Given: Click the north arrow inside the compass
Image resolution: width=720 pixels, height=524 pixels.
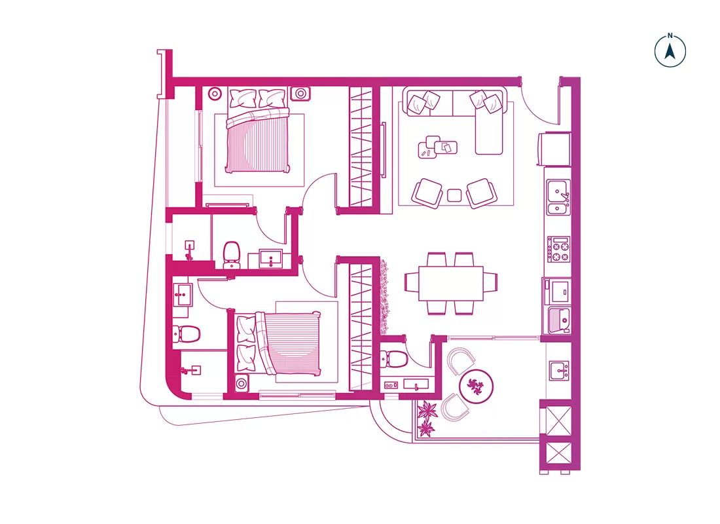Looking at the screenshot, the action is (670, 51).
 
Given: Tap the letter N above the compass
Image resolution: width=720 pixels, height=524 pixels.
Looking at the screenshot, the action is (670, 35).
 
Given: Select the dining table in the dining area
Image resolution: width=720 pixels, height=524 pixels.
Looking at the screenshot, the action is (451, 284).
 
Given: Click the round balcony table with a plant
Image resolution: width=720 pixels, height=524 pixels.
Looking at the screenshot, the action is (476, 384).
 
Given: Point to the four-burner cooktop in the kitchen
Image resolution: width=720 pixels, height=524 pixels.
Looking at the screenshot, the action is (558, 250).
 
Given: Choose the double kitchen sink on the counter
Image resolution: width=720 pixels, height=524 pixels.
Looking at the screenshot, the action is (558, 197).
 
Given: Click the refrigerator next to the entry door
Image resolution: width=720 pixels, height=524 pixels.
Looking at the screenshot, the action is (554, 149).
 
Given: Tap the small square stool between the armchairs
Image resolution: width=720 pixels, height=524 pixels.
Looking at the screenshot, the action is (454, 195).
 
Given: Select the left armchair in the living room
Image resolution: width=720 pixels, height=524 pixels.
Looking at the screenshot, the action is (427, 193).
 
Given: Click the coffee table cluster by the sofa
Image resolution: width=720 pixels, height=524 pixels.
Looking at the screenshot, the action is (437, 147).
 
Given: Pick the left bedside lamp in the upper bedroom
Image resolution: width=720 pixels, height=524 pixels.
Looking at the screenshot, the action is (215, 94).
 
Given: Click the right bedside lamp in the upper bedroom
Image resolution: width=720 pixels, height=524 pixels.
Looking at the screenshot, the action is (300, 94).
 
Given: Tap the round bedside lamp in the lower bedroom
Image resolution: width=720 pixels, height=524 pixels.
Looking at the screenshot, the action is (242, 383).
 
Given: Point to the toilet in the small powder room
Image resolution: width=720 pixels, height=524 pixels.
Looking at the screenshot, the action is (395, 359).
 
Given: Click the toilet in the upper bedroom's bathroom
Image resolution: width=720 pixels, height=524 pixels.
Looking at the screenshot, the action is (231, 254).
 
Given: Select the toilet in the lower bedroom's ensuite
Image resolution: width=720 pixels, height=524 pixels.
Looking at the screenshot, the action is (186, 333).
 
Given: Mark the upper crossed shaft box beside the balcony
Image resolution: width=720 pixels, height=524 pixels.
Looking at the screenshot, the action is (558, 420).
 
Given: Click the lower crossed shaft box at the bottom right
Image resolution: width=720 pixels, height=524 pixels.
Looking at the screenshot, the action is (558, 454).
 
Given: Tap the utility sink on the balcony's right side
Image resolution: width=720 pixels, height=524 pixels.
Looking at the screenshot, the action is (559, 371).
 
